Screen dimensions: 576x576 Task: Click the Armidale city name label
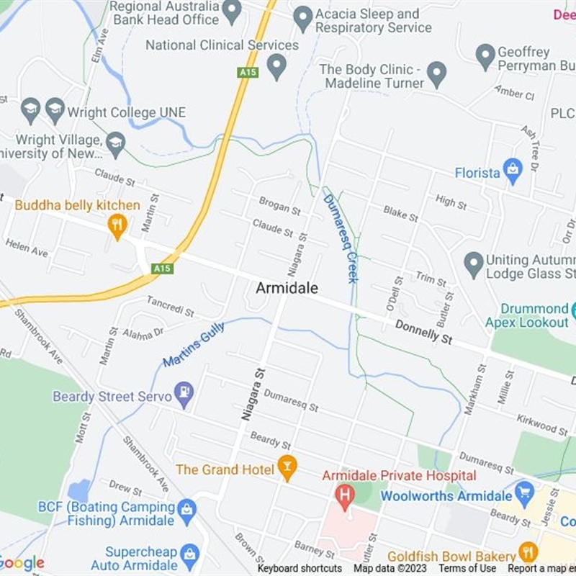287,287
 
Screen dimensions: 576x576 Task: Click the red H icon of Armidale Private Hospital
346,495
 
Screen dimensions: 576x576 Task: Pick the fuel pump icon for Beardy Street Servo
185,394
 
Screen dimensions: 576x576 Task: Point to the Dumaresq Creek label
341,238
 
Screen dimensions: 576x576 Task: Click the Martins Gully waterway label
194,344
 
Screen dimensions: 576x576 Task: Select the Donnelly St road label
423,332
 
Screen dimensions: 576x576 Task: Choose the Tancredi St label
171,307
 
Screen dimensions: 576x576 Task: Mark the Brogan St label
279,207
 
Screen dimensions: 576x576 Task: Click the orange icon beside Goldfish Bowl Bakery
528,553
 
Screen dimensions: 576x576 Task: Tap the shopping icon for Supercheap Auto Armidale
189,554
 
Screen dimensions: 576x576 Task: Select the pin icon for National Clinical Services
276,66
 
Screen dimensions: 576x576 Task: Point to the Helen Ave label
27,248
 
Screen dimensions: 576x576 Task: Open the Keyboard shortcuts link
301,568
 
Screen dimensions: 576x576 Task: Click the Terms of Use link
467,568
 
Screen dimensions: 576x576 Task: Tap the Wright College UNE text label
127,112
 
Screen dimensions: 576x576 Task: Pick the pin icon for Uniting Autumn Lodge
473,264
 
